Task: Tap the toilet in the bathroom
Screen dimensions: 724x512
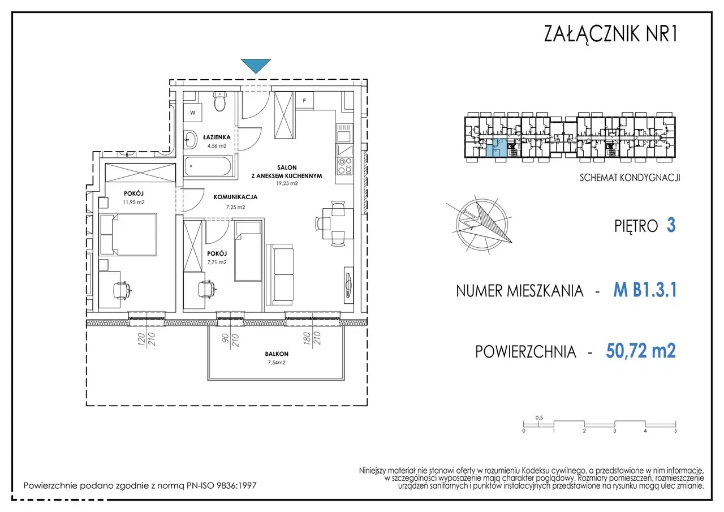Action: point(220,101)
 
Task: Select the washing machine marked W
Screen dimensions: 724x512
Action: point(193,113)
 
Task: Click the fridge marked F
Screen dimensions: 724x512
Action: point(304,101)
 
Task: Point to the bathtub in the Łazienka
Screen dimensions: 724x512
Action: point(208,166)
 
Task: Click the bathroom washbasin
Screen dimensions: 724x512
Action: point(190,140)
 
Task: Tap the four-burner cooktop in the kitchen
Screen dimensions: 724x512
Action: point(344,166)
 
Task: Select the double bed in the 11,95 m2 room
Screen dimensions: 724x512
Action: point(128,234)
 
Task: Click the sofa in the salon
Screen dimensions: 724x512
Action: point(280,274)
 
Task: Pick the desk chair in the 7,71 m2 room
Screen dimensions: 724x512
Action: point(206,289)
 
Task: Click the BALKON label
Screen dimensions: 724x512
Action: point(277,354)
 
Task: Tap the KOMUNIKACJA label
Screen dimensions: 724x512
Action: point(235,197)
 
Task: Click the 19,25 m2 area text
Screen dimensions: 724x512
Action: point(287,183)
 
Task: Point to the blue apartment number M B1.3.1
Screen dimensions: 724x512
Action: point(645,290)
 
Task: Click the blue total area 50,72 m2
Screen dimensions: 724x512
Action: point(641,351)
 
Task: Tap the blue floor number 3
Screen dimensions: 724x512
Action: point(671,225)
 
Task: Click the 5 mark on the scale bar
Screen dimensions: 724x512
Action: point(675,431)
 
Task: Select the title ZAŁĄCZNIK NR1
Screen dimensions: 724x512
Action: point(610,33)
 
